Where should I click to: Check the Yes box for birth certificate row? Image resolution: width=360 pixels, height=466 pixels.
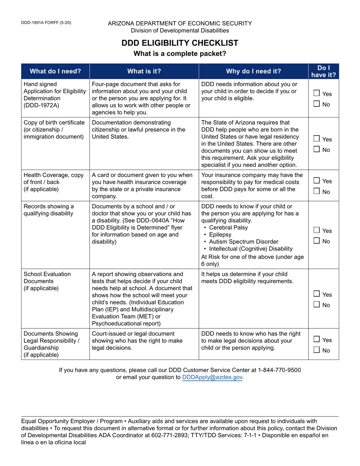(317, 139)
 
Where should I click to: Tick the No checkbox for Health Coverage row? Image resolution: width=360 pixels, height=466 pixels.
(317, 192)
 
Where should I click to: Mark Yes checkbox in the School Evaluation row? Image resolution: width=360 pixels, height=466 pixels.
(317, 294)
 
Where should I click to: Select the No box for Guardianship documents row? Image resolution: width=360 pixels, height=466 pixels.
(317, 350)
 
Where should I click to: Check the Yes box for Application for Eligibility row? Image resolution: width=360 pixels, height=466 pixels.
(317, 93)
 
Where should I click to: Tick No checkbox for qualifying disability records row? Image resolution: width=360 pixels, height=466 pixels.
(317, 241)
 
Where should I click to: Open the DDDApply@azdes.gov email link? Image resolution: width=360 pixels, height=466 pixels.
(212, 377)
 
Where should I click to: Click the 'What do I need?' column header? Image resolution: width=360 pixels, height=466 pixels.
(55, 71)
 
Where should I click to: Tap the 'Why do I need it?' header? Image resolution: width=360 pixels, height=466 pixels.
(254, 71)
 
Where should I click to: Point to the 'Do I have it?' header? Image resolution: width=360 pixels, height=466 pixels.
(324, 71)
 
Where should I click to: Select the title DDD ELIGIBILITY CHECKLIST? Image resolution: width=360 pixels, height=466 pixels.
(180, 43)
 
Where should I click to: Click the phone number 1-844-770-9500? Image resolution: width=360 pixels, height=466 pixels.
(278, 370)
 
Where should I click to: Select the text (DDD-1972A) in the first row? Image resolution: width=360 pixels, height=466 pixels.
(41, 105)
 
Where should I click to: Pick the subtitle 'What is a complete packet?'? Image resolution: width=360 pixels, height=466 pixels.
(180, 54)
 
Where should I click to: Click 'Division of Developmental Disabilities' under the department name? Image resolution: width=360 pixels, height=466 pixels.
(180, 30)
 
